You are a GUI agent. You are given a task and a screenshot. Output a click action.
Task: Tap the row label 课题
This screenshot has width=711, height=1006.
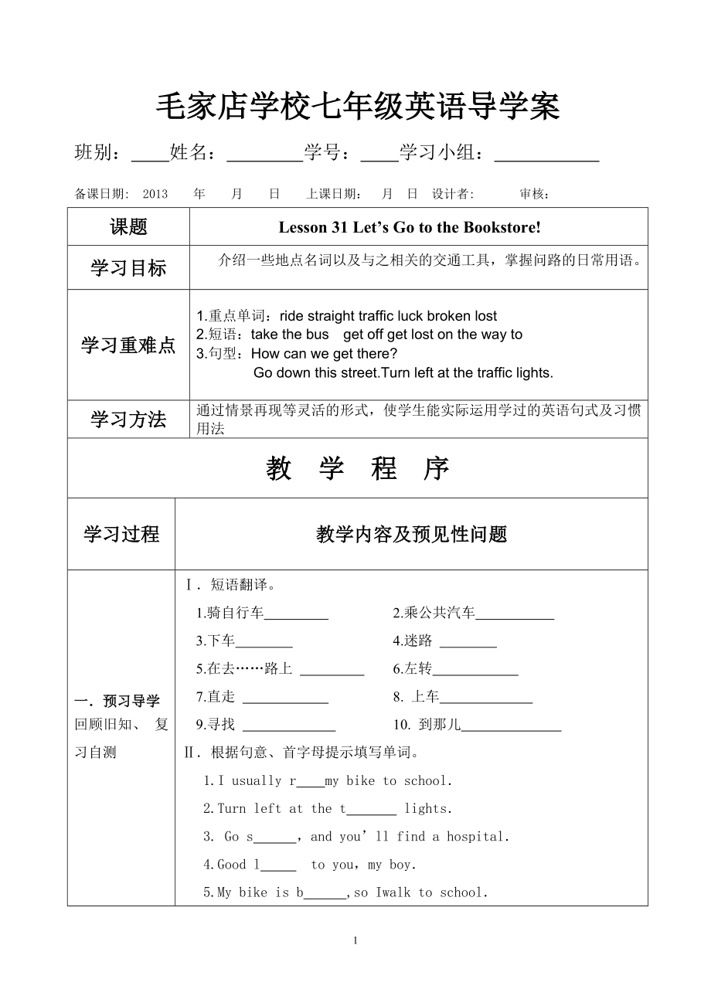pyautogui.click(x=128, y=227)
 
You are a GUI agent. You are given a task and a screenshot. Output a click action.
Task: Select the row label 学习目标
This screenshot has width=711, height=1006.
pyautogui.click(x=128, y=268)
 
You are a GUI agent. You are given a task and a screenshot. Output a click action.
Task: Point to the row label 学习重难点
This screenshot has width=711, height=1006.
pyautogui.click(x=128, y=345)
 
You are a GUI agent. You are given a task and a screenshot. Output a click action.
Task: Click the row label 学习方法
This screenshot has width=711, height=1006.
pyautogui.click(x=128, y=420)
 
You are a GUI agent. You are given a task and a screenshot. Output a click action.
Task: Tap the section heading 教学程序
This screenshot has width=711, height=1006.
pyautogui.click(x=357, y=468)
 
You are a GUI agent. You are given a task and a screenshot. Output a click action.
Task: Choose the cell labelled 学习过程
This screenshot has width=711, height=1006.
pyautogui.click(x=121, y=534)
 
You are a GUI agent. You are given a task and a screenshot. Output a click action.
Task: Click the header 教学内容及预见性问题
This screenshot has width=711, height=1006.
pyautogui.click(x=411, y=534)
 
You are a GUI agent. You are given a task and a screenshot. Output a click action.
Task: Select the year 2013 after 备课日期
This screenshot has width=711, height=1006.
pyautogui.click(x=155, y=194)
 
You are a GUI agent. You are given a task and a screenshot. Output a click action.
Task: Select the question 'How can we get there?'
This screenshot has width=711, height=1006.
pyautogui.click(x=325, y=354)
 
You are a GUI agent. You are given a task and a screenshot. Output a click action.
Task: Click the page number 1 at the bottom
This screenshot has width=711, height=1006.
pyautogui.click(x=355, y=940)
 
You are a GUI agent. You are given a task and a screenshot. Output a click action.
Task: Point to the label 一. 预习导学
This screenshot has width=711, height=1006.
pyautogui.click(x=117, y=702)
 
